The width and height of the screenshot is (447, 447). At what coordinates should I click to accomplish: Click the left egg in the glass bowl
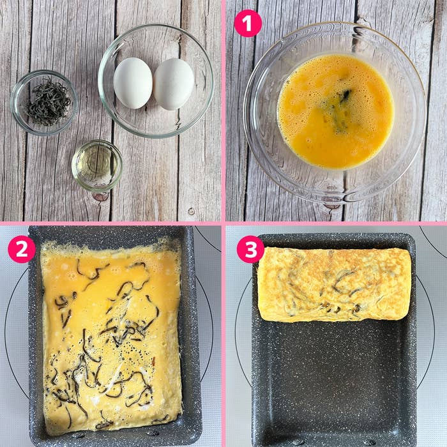point(133,82)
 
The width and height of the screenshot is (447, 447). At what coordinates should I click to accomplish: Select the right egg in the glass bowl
point(173,84)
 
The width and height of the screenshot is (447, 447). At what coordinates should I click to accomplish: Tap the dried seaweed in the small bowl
point(48,102)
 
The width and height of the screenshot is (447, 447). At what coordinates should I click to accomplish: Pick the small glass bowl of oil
point(96,165)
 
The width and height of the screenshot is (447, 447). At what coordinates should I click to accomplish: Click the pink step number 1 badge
point(248,24)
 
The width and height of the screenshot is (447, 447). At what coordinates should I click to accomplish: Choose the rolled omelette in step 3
point(335,284)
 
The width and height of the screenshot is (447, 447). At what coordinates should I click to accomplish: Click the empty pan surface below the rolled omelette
point(333,377)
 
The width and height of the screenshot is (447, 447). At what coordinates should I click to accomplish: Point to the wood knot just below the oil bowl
point(100,196)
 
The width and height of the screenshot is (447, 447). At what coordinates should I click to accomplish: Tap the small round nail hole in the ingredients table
point(191,211)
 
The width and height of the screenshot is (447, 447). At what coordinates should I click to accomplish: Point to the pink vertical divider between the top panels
point(223,109)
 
